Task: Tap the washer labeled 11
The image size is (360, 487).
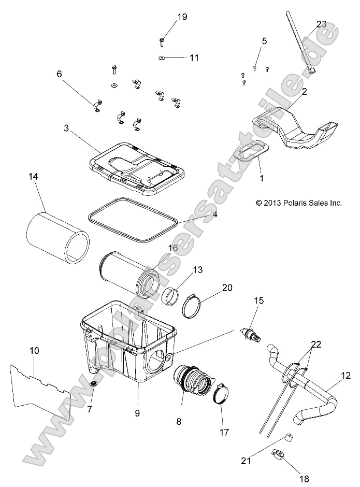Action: [162, 57]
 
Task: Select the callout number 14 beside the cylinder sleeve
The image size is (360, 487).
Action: [34, 177]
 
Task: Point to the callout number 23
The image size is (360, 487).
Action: [321, 24]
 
